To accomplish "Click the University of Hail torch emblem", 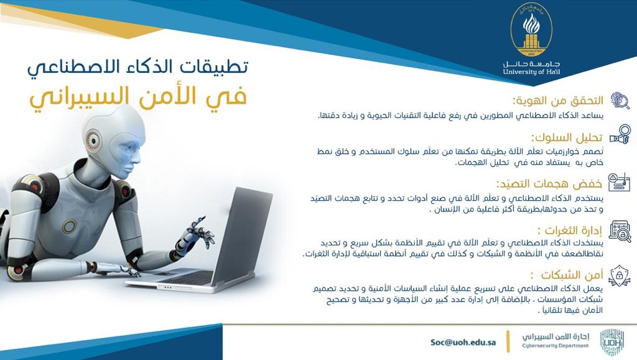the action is tap(531, 30).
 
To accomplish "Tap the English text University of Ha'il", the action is tap(531, 72).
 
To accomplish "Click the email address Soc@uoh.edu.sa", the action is tap(463, 342).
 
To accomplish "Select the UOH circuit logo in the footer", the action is tap(612, 343).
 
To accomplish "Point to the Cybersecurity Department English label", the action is tap(556, 346).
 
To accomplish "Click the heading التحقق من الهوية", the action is tap(558, 101).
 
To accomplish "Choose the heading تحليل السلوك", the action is tap(567, 137).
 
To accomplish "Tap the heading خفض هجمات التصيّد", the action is tap(549, 184).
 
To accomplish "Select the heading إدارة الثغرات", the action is tap(570, 231).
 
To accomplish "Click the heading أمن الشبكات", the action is tap(567, 275).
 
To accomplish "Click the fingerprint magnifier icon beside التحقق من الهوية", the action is tap(620, 101).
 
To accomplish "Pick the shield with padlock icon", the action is tap(620, 275).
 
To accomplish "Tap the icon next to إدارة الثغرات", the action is tap(620, 231).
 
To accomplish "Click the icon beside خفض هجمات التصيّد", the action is tap(619, 182).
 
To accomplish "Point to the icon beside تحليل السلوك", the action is tap(620, 134).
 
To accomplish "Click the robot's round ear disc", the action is tap(93, 141).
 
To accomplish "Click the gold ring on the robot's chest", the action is tap(69, 226).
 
